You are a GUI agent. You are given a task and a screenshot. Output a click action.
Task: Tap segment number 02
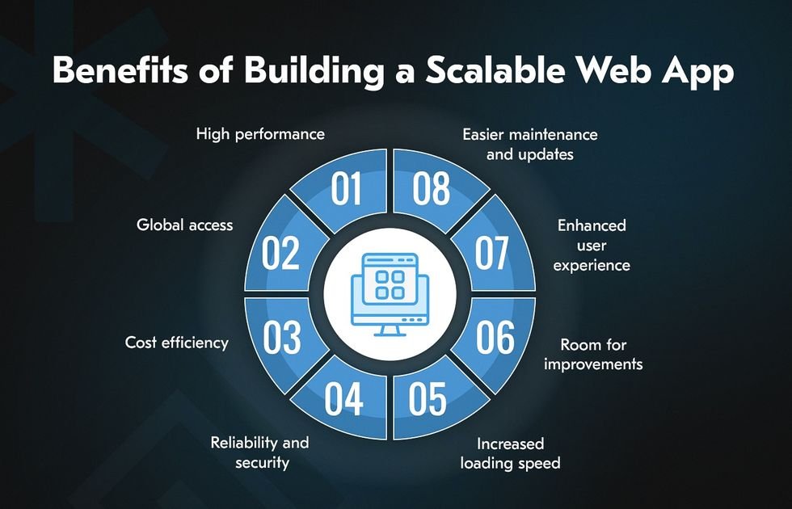tap(281, 253)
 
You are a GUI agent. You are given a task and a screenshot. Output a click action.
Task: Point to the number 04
tap(345, 399)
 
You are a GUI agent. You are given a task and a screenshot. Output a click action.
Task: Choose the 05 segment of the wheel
tap(428, 399)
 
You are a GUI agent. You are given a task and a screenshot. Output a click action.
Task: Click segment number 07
tap(492, 253)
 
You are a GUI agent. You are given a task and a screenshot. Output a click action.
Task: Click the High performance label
tap(260, 134)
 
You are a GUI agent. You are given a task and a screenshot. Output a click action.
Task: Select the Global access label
tap(184, 225)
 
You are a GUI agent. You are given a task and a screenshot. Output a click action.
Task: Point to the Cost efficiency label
tap(176, 343)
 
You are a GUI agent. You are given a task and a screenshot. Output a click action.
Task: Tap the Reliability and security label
tap(259, 452)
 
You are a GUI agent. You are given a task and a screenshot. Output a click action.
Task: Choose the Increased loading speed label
tap(510, 453)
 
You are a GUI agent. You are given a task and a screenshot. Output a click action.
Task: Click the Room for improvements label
tap(593, 355)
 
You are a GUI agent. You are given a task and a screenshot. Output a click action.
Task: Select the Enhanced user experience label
tap(592, 245)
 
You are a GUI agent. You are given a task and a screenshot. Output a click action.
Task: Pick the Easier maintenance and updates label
tap(529, 143)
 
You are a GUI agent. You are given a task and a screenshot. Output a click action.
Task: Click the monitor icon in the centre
tap(385, 292)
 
